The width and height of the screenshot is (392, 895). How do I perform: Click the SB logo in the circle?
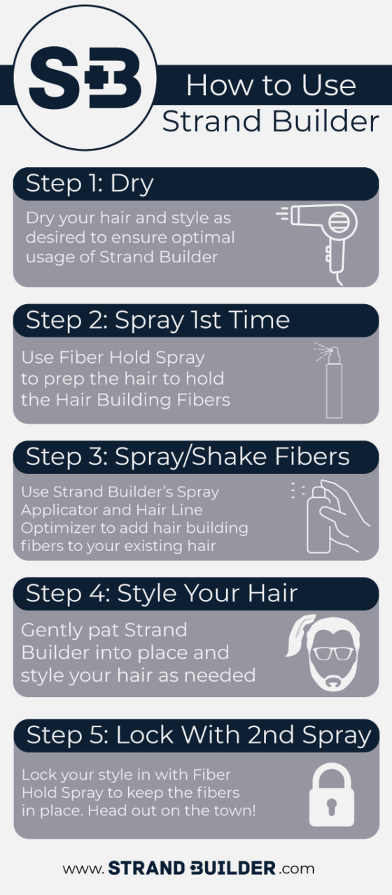coord(85,78)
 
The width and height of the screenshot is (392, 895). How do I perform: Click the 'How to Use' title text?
coord(271,85)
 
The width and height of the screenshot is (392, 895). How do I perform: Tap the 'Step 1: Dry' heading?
coord(90,184)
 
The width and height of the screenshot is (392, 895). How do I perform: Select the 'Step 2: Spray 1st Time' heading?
coord(157,321)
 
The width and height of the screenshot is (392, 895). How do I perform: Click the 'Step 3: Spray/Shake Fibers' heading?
coord(188,457)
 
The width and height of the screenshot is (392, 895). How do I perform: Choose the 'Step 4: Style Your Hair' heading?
coord(162,594)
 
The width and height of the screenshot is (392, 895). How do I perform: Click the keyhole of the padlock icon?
coord(331,806)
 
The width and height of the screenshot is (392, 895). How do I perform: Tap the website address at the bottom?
coord(188,868)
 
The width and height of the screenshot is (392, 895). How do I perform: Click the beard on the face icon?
coord(333,675)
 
